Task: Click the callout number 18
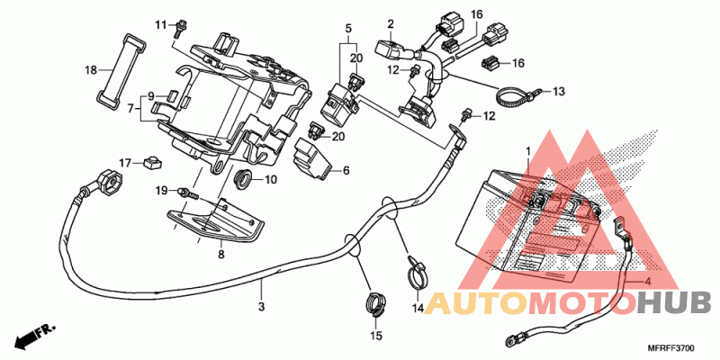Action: coord(91,70)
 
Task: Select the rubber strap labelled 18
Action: coord(121,68)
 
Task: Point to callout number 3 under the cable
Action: coord(261,306)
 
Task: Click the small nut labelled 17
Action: coord(151,162)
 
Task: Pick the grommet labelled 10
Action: coord(243,178)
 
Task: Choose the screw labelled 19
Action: coord(188,192)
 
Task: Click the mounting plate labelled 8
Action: coord(215,221)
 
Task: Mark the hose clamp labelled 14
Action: coord(418,273)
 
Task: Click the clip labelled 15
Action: coord(375,305)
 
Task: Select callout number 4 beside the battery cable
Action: coord(648,282)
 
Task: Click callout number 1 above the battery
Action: coord(528,150)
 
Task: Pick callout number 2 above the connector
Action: coord(391,24)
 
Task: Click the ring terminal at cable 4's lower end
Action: coord(510,340)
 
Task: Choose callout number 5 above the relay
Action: coord(348,29)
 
